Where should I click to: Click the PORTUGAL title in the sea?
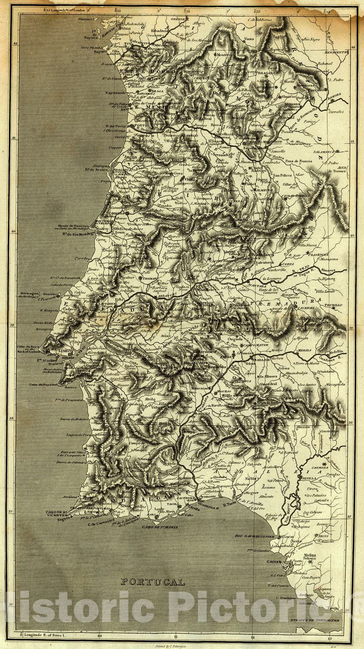[x=153, y=582]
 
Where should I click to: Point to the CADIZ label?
[x=274, y=561]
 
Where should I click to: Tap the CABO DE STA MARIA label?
[x=160, y=527]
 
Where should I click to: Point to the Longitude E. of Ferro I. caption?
[x=45, y=634]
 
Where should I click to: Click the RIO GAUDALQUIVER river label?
[x=255, y=536]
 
